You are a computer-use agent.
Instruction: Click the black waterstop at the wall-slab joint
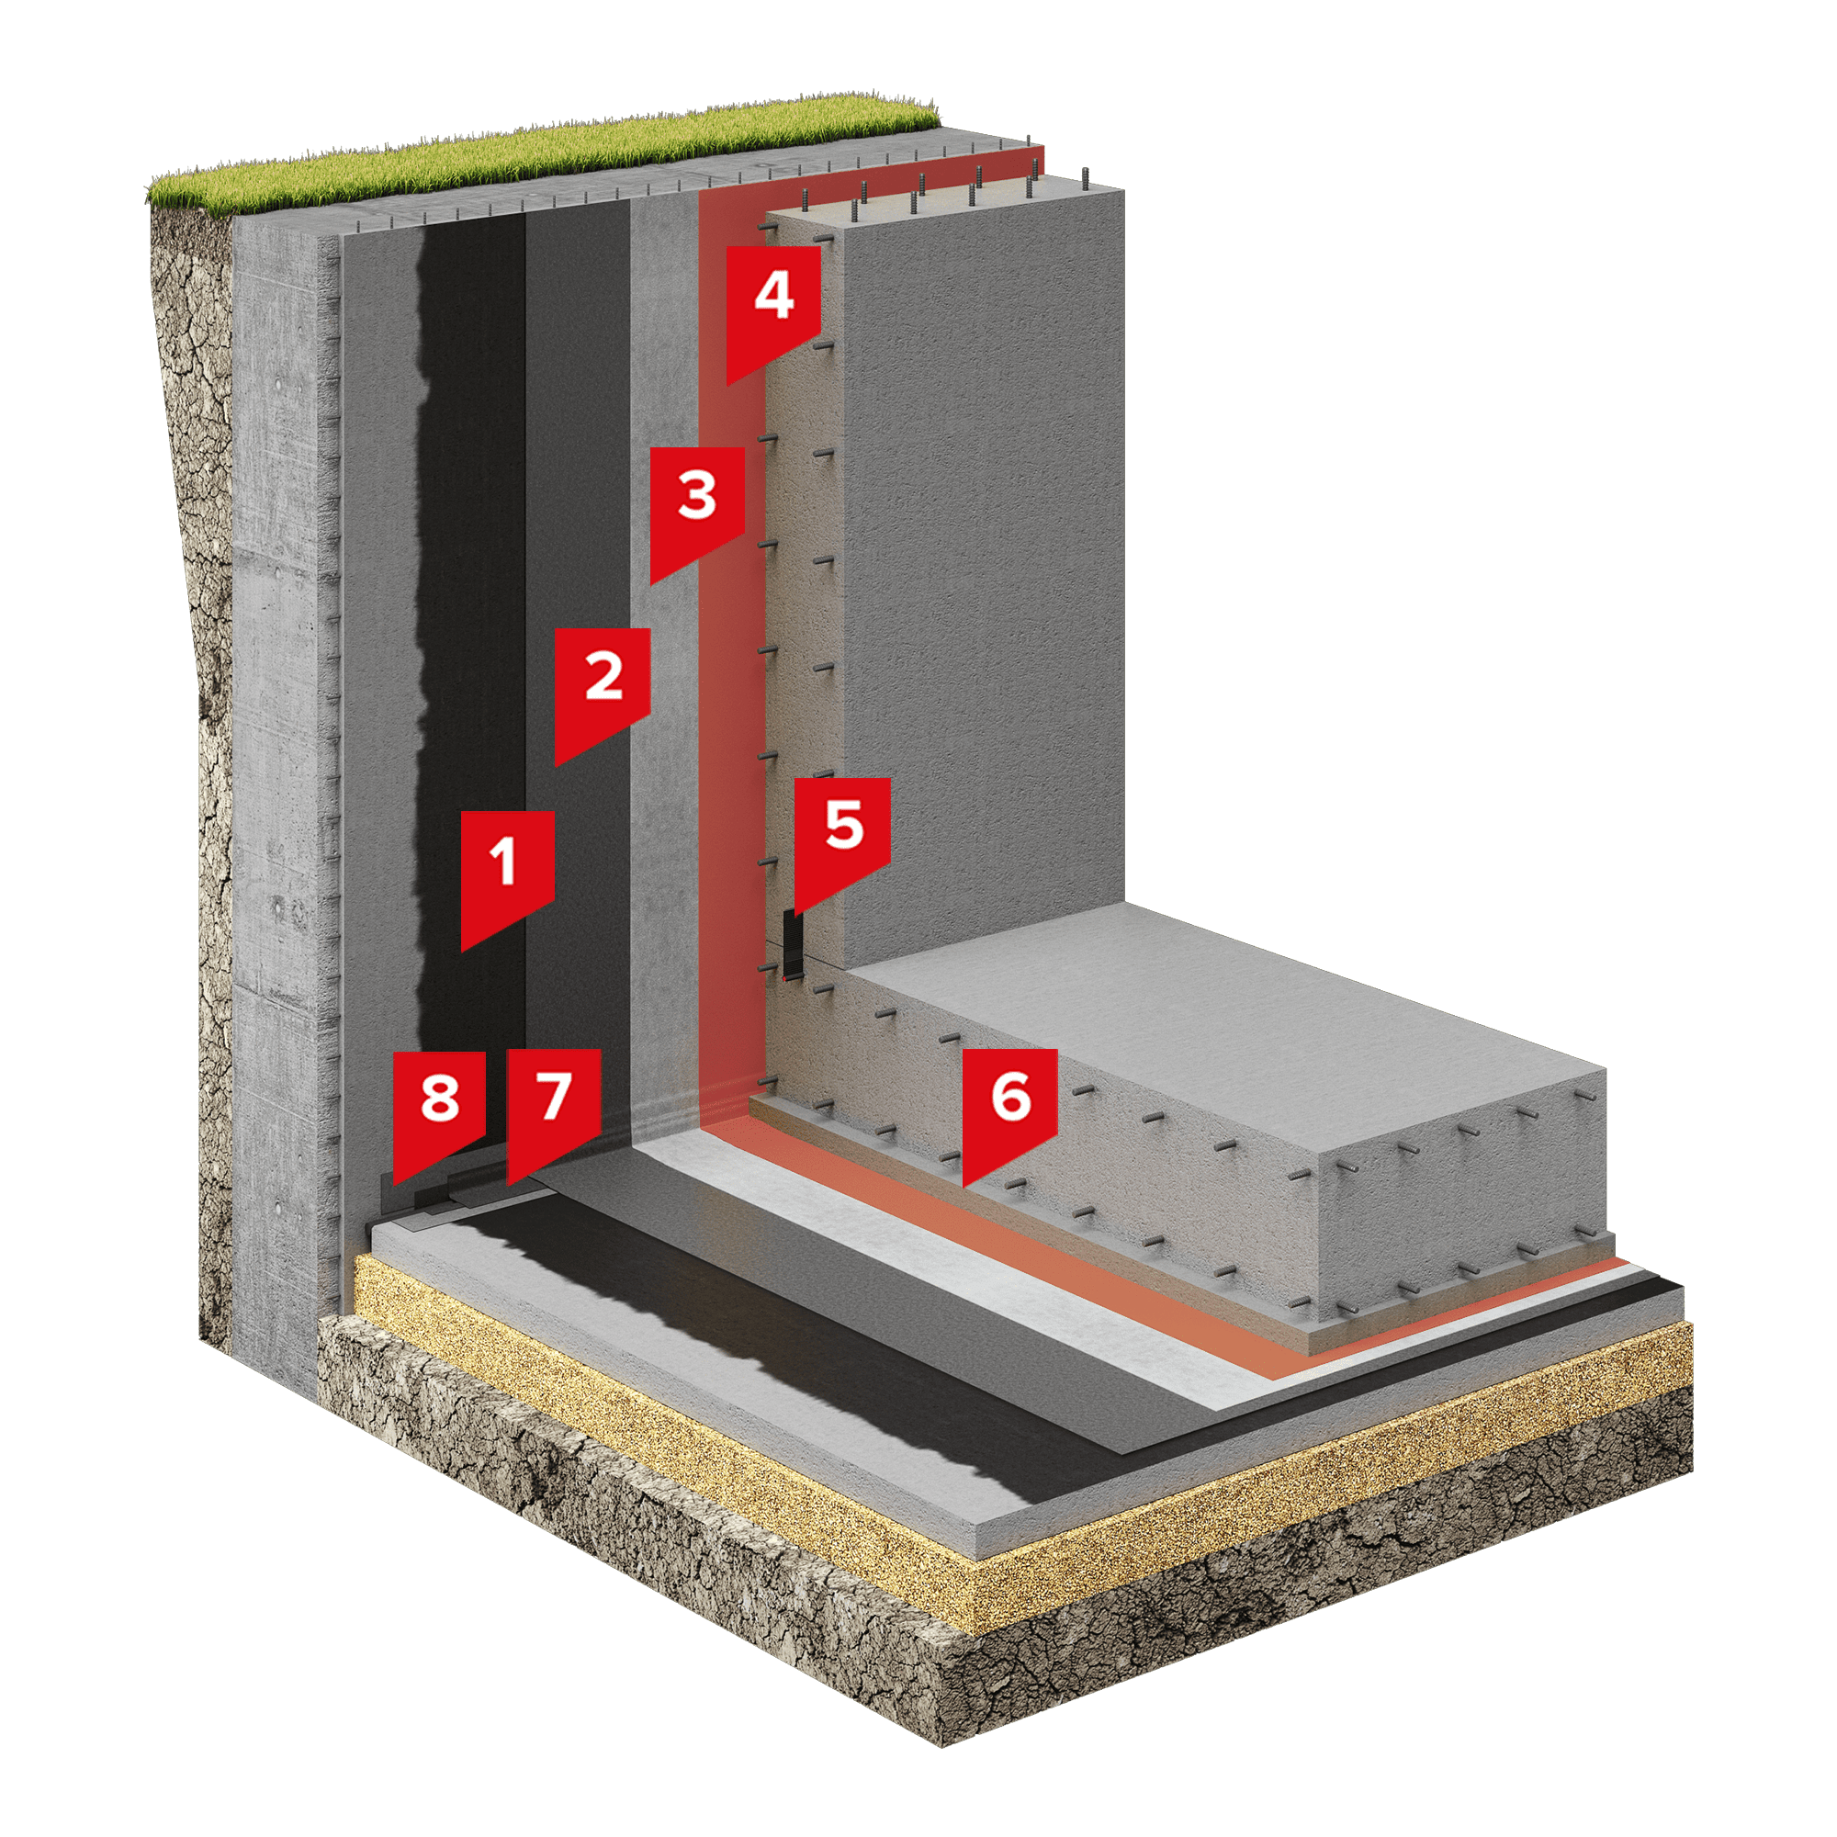click(791, 941)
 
